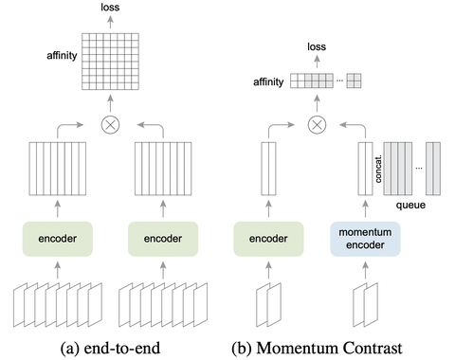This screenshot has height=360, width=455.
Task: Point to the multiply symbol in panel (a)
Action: tap(110, 123)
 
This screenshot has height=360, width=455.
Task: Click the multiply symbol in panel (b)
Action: tap(319, 123)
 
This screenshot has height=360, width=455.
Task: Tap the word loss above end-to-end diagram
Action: tap(110, 9)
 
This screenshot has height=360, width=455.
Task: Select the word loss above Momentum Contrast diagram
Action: tap(319, 45)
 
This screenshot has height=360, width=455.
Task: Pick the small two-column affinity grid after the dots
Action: tap(354, 81)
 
